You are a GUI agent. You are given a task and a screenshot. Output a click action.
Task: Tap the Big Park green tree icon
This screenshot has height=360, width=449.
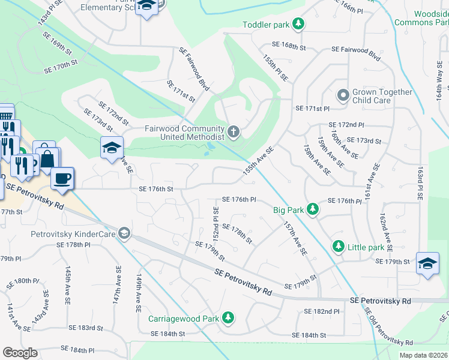coord(313,209)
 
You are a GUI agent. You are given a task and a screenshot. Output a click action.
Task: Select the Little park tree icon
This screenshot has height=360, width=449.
coord(339,247)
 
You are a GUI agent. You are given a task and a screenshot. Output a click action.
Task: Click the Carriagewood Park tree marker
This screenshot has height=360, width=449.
coord(228,317)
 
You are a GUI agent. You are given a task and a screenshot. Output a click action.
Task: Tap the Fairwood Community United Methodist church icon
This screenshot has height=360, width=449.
coord(234,131)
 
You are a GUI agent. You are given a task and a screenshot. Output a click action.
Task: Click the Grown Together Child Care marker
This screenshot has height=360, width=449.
coord(343,96)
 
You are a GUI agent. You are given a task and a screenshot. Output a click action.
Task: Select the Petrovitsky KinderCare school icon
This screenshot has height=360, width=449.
coord(124,233)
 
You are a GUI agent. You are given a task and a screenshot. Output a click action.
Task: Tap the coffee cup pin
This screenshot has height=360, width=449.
coord(62,178)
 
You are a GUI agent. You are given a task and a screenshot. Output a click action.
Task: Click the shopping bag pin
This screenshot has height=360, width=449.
coord(46,158)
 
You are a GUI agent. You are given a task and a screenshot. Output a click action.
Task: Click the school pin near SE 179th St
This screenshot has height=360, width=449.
coord(427,264)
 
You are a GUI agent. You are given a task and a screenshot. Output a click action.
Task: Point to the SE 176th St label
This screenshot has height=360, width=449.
coord(155,189)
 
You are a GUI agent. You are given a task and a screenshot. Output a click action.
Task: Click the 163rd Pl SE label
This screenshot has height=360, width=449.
coord(420,180)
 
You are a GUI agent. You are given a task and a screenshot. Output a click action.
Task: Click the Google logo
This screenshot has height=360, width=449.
coord(20,353)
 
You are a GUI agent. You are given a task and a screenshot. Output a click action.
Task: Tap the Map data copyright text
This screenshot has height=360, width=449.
coord(423,355)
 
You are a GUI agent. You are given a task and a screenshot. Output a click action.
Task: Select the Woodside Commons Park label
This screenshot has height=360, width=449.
coord(421,17)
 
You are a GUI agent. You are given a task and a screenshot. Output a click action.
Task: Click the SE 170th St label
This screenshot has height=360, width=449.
coord(62,66)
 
